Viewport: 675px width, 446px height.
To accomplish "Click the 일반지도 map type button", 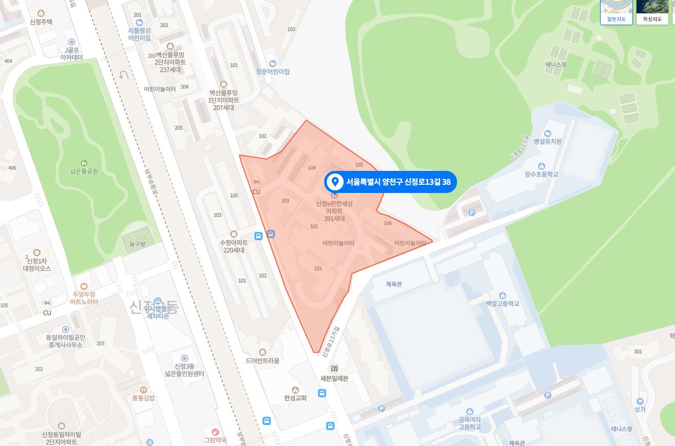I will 616,12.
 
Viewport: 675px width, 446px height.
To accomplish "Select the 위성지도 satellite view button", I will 652,12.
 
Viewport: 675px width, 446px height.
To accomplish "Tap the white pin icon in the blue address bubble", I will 335,182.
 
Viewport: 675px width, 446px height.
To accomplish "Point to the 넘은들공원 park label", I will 84,171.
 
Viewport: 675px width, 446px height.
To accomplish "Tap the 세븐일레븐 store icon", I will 334,369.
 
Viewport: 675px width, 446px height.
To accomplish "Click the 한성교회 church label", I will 295,398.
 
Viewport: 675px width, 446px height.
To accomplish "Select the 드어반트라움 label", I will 263,360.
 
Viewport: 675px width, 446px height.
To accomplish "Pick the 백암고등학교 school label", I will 503,303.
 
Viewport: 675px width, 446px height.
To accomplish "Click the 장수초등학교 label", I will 541,174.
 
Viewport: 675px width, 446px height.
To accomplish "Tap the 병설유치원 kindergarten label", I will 547,141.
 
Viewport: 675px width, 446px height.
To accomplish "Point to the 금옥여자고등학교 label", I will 470,423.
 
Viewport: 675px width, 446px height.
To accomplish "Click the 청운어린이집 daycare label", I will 272,71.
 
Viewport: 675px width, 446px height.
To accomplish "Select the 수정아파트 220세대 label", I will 234,246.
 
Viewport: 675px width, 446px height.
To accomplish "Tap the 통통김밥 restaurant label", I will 144,397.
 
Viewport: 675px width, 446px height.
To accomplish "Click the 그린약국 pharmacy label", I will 215,440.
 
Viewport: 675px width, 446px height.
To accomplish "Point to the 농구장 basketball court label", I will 137,244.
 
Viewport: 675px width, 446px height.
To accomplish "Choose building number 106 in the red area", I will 388,223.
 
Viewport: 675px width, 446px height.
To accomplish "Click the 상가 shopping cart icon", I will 640,401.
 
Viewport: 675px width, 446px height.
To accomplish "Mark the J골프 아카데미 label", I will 72,54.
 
